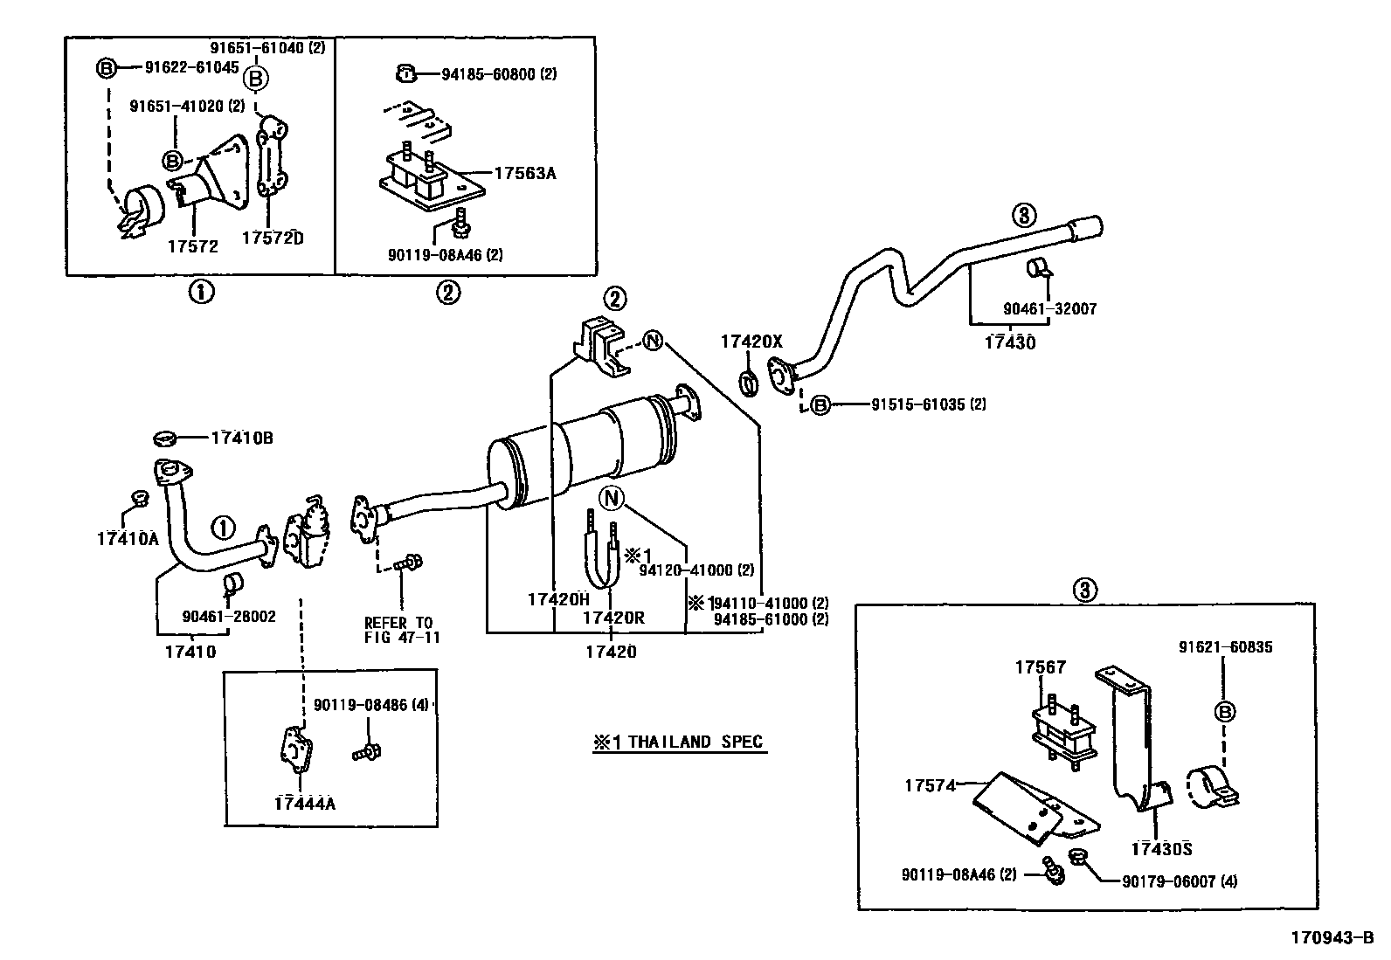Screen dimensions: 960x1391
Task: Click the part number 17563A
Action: tap(524, 173)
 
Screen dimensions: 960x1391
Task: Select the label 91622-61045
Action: tap(191, 66)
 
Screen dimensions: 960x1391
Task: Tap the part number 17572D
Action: tap(273, 237)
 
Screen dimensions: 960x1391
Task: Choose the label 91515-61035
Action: tap(928, 404)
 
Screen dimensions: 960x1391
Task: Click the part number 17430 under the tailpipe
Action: tap(1009, 342)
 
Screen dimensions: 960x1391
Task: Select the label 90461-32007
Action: tap(1049, 308)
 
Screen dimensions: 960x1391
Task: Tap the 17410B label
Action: tap(241, 438)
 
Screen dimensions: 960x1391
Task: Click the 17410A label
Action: tap(128, 539)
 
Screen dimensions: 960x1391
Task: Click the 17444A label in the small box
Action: tap(304, 803)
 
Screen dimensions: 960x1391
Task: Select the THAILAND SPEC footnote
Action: tap(678, 742)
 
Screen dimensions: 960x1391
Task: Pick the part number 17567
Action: tap(1040, 667)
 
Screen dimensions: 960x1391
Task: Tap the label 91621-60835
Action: tap(1225, 647)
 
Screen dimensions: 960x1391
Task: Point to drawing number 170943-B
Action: tap(1337, 938)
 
